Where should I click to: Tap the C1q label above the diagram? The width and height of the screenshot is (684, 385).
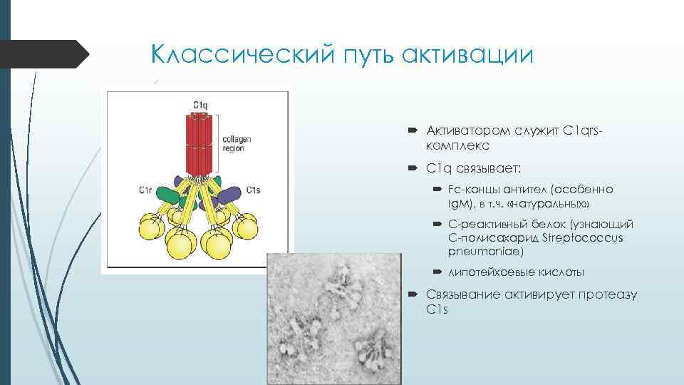[200, 105]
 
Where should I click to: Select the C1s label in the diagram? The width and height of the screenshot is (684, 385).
[254, 190]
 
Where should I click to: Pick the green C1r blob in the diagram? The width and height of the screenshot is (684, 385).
[168, 195]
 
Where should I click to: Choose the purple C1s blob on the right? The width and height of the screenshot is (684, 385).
[232, 194]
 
